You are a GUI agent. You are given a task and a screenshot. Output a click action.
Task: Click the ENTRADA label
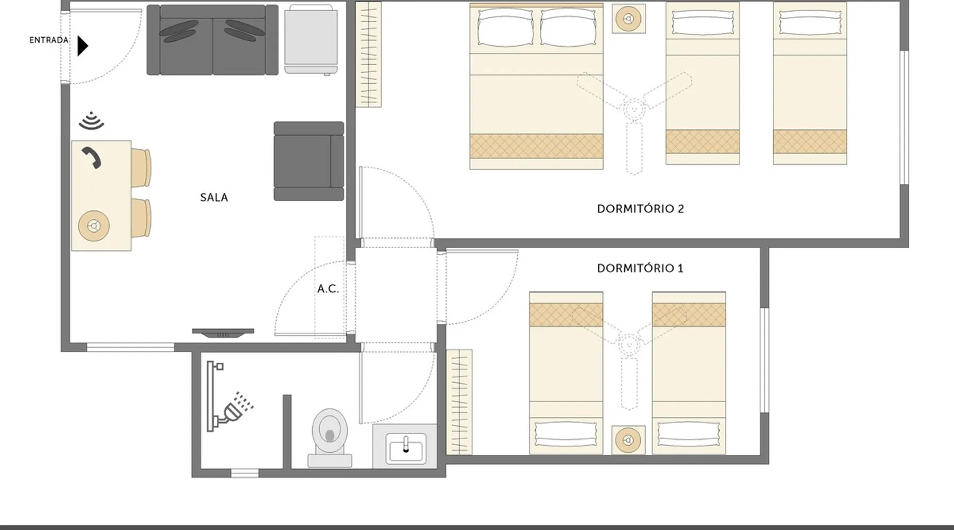coord(49,40)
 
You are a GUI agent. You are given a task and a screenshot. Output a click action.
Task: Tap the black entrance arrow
coord(82,46)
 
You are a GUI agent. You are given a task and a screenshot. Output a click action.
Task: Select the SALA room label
coord(214,197)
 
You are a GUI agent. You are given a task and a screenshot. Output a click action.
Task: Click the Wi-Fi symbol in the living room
coord(92,121)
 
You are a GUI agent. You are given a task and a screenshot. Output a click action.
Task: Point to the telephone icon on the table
coord(91,158)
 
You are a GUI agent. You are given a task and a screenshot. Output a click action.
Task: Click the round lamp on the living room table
coord(94,226)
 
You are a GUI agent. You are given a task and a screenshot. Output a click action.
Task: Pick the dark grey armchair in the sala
coord(308,161)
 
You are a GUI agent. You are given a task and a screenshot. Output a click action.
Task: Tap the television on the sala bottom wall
coord(223,333)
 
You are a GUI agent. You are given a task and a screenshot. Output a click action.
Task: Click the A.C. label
coord(328,289)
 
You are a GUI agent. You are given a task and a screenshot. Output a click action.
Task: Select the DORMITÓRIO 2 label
coord(640,209)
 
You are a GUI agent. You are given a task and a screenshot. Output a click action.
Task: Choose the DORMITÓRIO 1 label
coord(640,268)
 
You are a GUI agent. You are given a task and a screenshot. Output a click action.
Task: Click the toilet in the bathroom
coord(330,438)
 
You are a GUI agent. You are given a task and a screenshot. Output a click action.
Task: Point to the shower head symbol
coord(237,408)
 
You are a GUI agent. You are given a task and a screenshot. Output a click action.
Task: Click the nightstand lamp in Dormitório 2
coord(629,19)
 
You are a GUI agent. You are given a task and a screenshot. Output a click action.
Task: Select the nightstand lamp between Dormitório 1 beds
coord(629,440)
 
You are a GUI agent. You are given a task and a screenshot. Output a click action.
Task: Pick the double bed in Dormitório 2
coord(536,86)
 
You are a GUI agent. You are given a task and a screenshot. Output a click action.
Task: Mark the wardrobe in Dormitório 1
coord(459,402)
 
